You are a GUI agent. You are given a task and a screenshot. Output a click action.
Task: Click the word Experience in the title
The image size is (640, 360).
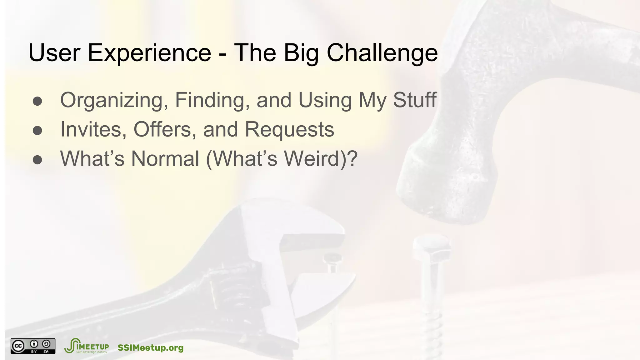[x=149, y=52]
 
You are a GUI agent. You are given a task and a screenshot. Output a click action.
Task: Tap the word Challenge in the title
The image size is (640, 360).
[x=382, y=52]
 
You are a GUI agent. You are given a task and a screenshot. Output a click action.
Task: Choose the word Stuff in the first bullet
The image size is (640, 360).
[x=414, y=100]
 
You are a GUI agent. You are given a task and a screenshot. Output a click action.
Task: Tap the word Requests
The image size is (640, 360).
[x=289, y=129]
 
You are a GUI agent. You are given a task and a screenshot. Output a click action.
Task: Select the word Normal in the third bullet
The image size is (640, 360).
[x=165, y=158]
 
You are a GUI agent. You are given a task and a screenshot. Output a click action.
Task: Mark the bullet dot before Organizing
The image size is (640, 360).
[x=37, y=101]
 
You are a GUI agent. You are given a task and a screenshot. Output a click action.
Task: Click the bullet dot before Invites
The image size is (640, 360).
[x=37, y=131]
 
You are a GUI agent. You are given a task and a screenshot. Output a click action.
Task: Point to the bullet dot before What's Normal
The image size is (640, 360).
[x=37, y=160]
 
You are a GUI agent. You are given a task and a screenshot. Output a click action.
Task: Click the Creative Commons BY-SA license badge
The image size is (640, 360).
[x=33, y=346]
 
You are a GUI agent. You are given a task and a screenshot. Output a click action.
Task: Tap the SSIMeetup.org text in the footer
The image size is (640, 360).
[x=150, y=348]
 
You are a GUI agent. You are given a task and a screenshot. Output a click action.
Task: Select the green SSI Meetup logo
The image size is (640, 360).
[x=86, y=346]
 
